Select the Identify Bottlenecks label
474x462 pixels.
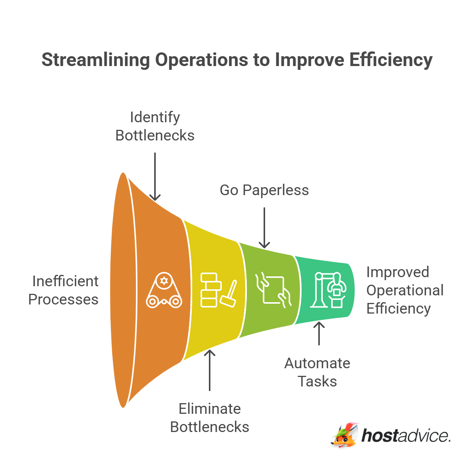(155, 126)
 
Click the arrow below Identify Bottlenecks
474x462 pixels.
(155, 177)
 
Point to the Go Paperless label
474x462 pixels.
(264, 190)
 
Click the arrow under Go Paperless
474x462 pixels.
(264, 228)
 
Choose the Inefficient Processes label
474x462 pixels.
(64, 290)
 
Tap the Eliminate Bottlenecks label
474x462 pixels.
(210, 418)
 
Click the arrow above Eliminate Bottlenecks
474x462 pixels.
(210, 370)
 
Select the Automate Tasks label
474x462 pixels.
(318, 372)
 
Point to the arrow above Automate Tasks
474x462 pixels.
(319, 333)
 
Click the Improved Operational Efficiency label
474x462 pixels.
(404, 290)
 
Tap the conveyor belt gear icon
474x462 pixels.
(164, 290)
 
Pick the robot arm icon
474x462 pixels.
(329, 290)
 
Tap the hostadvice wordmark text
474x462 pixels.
(406, 436)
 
